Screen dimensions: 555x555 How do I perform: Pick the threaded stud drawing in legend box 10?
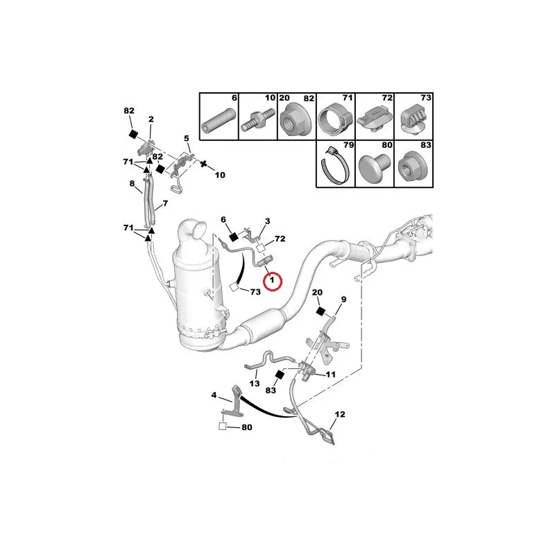(x=258, y=120)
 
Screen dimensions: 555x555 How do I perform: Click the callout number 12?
(x=340, y=414)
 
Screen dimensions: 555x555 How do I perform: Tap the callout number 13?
(x=255, y=384)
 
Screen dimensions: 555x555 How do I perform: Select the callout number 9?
(x=343, y=300)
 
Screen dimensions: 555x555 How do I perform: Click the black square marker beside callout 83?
(x=280, y=375)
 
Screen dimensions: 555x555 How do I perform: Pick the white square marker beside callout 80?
(x=223, y=427)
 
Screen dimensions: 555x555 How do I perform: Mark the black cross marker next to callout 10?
(x=203, y=164)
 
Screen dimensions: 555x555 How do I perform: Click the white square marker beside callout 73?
(x=234, y=287)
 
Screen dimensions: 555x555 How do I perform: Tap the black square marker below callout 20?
(x=321, y=311)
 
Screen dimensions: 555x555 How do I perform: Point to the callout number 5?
(x=187, y=138)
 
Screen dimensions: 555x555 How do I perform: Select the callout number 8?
(x=132, y=183)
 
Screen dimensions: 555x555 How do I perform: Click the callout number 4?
(x=214, y=395)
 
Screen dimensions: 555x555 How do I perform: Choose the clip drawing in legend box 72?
(x=375, y=120)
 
